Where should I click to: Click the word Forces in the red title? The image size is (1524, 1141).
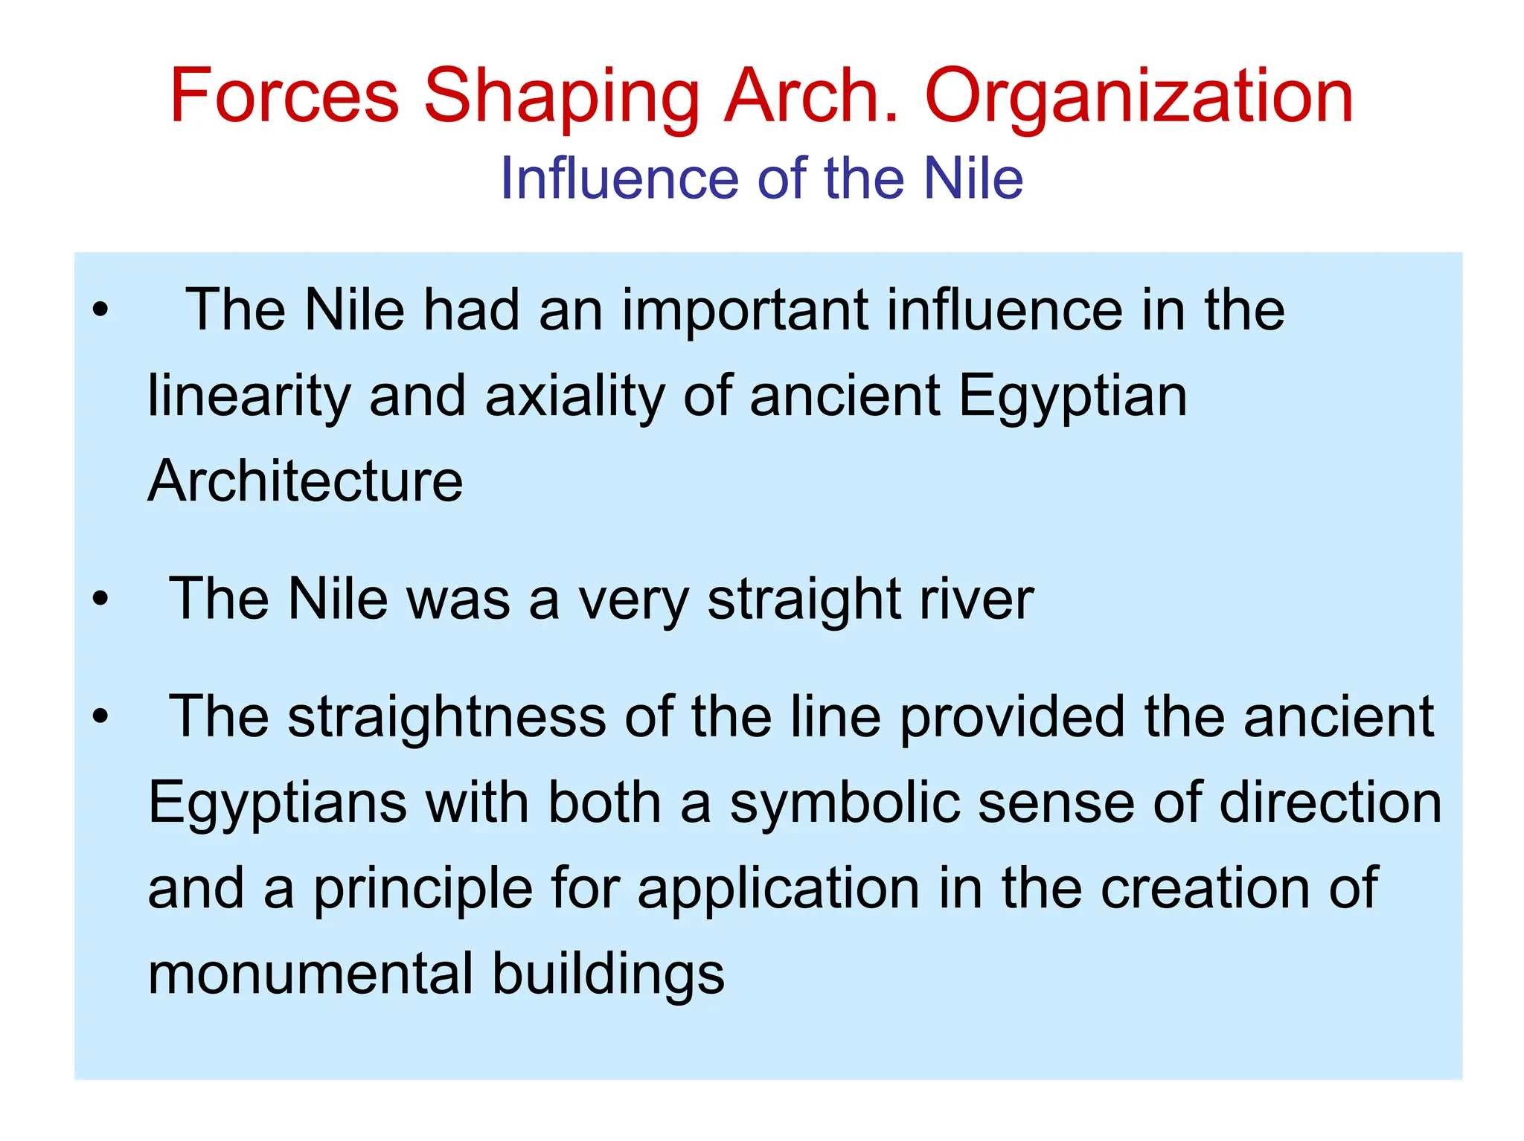point(285,96)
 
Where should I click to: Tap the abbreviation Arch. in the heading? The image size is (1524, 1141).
point(811,96)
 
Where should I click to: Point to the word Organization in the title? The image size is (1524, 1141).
point(1139,97)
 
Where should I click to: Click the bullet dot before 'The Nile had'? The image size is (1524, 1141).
point(100,309)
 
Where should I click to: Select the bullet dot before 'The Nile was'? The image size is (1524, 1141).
point(100,597)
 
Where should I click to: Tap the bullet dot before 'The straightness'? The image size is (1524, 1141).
point(100,716)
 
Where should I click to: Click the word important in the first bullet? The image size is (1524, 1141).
point(745,309)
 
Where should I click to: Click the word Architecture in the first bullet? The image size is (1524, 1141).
point(305,481)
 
